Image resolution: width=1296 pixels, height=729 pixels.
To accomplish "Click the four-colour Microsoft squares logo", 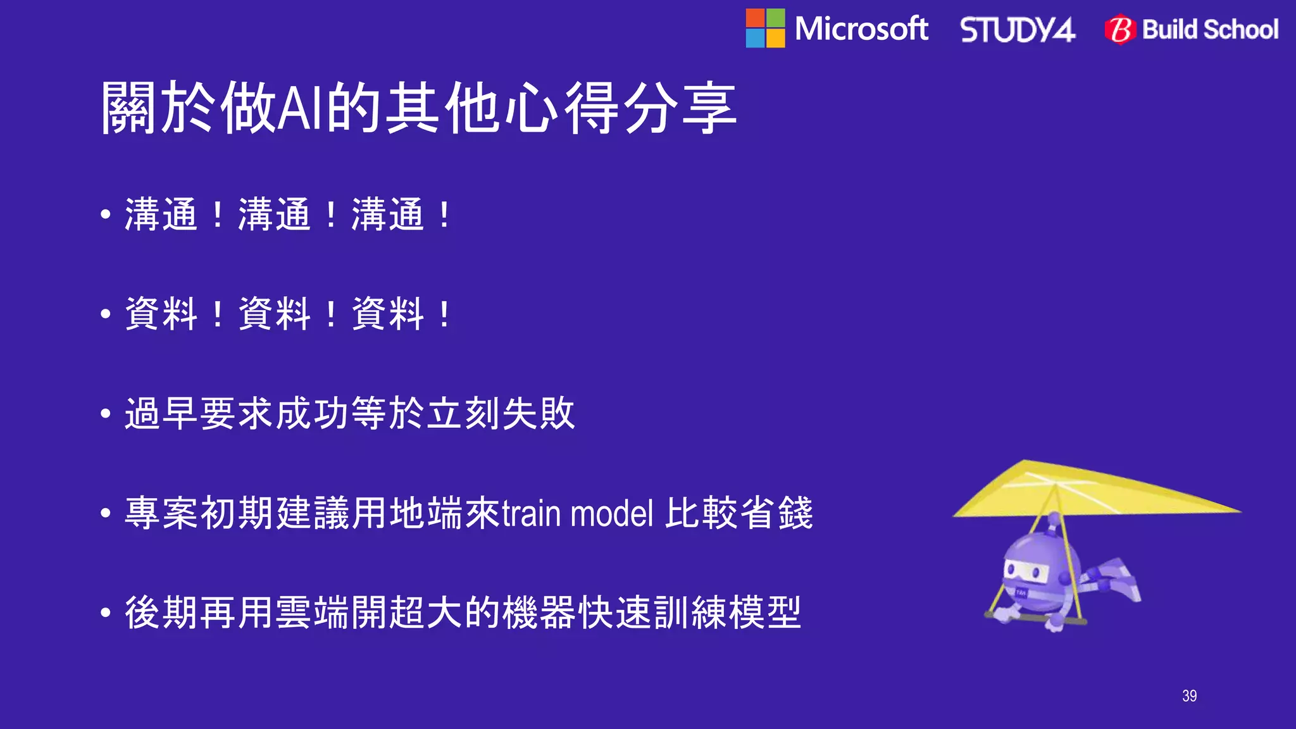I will point(765,28).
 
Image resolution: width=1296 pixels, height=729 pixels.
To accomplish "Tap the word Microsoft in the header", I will point(861,29).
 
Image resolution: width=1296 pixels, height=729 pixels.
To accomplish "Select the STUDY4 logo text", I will point(1018,30).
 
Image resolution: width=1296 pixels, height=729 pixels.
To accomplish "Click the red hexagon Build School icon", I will point(1120,30).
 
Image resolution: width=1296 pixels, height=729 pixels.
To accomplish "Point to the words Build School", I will point(1210,30).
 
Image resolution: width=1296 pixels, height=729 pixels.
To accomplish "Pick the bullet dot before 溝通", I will point(106,215).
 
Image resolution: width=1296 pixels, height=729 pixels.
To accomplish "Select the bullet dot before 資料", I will point(106,314).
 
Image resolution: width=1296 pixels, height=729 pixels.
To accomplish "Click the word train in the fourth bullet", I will point(531,513).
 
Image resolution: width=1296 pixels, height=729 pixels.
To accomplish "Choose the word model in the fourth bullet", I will point(611,513).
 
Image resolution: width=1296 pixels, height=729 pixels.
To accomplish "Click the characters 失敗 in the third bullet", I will point(539,414).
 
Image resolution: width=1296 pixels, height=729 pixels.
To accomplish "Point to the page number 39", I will point(1189,696).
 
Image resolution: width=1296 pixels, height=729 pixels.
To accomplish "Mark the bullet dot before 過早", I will point(106,414).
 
